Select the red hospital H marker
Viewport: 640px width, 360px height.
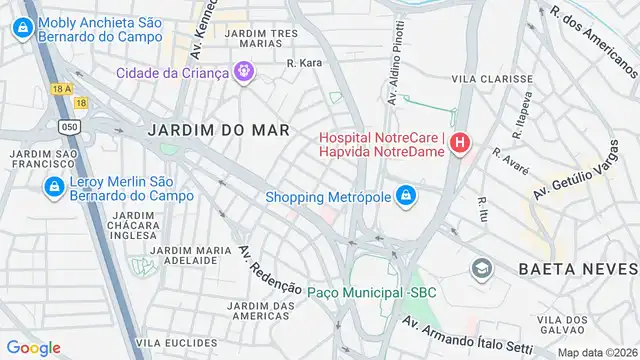459,144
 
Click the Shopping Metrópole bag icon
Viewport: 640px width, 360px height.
405,196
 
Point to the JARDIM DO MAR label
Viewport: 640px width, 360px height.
218,130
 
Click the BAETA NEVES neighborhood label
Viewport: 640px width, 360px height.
578,269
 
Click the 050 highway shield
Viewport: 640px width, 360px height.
69,127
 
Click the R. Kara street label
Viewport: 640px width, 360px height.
304,63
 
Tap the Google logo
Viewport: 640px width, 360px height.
33,347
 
